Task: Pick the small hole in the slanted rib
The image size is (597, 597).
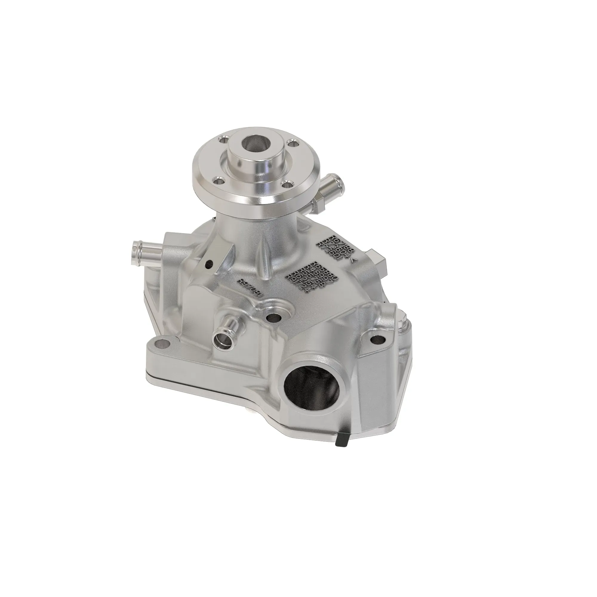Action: click(210, 264)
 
